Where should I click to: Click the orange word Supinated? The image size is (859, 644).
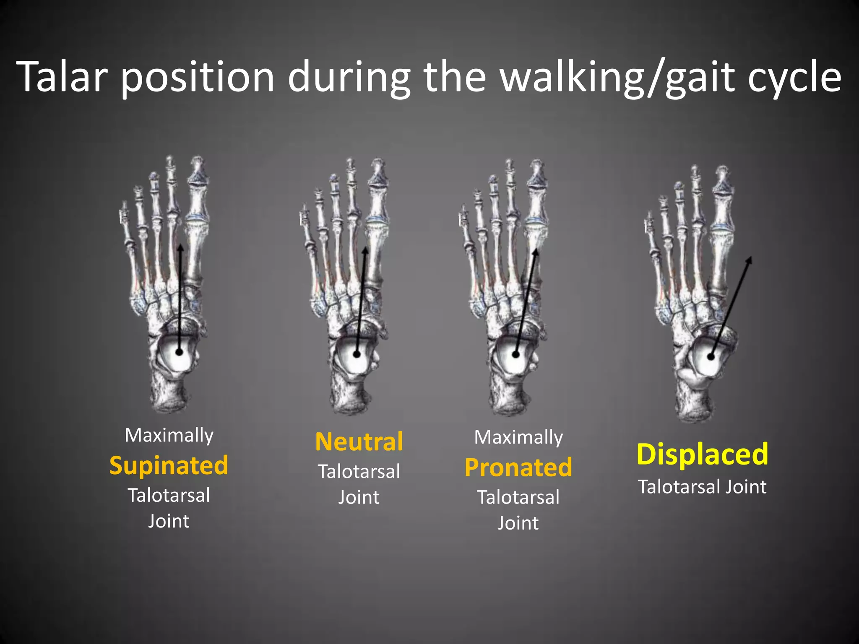(169, 465)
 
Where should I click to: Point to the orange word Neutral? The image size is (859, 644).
(359, 442)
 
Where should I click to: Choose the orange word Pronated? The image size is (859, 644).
(518, 467)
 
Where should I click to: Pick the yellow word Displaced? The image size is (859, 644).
(702, 454)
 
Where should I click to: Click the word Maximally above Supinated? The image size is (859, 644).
(169, 436)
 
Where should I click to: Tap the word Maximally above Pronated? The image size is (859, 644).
(518, 438)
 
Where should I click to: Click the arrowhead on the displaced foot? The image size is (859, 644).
(749, 261)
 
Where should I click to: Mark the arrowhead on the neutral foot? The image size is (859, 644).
(365, 251)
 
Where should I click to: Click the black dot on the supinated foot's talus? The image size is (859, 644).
(180, 352)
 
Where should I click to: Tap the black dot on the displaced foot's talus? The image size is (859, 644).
(711, 357)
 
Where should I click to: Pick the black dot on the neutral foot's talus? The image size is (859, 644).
(357, 354)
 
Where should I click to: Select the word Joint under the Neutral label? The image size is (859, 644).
(359, 498)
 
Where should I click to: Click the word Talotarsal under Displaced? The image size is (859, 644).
(679, 487)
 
